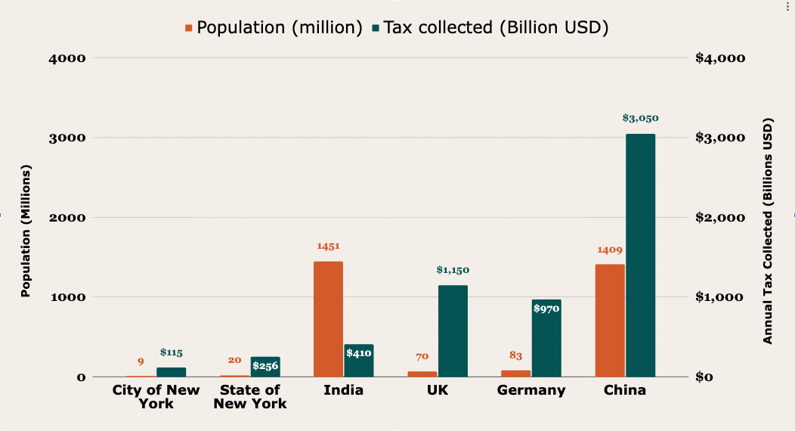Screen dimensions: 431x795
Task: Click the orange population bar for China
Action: pos(610,321)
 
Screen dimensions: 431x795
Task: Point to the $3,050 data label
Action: pos(640,118)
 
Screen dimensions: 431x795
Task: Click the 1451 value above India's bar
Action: pos(328,247)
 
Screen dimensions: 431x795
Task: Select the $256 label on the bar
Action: pos(265,366)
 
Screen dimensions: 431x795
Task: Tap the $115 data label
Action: pos(172,352)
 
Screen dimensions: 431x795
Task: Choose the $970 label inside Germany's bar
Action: pos(546,309)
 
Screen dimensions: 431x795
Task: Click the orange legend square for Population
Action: pos(189,28)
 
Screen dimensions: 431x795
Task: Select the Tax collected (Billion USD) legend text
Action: pos(496,28)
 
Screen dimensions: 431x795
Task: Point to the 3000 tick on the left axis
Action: pos(69,138)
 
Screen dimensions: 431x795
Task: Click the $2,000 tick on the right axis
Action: pos(719,218)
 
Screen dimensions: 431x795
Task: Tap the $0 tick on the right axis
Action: pos(704,377)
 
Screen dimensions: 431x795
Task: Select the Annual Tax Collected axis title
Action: pos(769,231)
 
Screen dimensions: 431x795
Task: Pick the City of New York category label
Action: pos(156,397)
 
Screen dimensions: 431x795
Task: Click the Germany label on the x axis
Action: pos(531,390)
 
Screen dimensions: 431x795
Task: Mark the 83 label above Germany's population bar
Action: pos(515,355)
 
